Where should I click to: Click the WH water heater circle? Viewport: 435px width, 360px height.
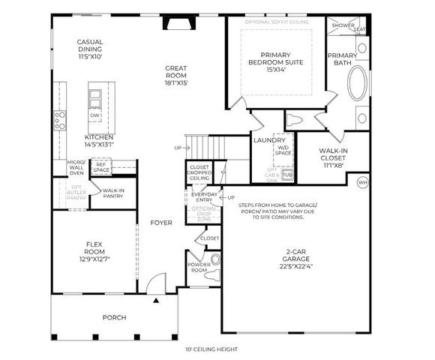coord(363,182)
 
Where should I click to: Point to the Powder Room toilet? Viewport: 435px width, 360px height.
coord(217,260)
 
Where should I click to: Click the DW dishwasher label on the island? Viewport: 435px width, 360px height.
coord(95,115)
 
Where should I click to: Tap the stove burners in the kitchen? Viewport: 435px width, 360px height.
coord(59,119)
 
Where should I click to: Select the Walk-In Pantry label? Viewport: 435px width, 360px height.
coord(113,193)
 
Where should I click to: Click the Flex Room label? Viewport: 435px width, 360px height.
coord(94,249)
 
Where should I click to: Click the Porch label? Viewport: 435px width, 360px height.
coord(114,317)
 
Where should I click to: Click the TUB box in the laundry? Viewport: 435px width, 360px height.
coord(287,175)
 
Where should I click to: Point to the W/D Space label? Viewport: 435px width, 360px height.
coord(283,151)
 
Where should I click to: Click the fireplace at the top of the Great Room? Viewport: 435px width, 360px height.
coord(178,25)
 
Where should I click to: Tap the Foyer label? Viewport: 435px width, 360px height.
coord(160,223)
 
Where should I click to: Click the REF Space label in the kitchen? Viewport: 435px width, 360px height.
coord(101,167)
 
